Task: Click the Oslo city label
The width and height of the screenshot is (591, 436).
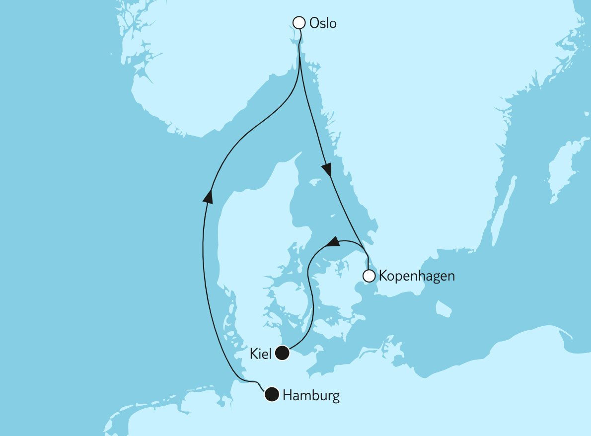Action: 322,23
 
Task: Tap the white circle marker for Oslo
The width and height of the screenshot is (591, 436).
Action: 299,22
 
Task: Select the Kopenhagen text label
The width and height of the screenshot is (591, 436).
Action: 417,276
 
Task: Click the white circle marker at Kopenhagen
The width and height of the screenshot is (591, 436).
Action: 369,276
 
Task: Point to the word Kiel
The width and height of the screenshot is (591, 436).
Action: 261,354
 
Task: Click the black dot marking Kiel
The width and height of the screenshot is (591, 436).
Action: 282,353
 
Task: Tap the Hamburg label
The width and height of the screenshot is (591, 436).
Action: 311,396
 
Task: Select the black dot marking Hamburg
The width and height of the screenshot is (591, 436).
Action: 272,395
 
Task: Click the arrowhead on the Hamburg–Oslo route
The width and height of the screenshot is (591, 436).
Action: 208,197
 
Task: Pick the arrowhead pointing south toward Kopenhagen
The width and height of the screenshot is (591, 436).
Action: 326,169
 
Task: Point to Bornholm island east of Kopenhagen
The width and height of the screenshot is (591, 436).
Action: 443,309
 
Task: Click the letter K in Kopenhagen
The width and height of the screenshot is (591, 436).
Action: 383,276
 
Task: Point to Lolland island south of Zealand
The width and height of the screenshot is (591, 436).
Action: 328,328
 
